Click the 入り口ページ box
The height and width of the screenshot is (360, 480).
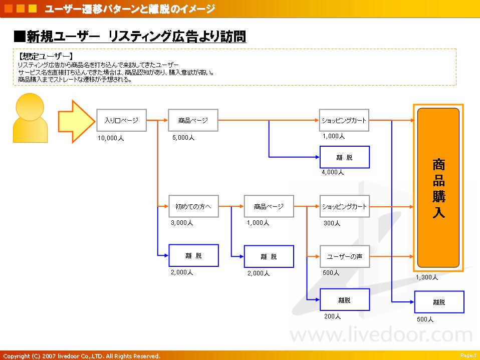click(x=122, y=120)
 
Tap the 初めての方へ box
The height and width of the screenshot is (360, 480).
click(x=193, y=206)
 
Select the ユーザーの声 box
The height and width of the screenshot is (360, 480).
click(x=345, y=256)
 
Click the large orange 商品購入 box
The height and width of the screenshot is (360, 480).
click(x=438, y=187)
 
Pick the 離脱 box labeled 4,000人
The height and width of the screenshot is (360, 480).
click(x=345, y=157)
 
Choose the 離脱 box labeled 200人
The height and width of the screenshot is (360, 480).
click(x=345, y=300)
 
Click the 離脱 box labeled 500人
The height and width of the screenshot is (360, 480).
click(x=439, y=302)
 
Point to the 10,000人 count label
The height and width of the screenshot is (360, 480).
click(x=111, y=138)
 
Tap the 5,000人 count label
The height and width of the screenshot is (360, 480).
click(x=183, y=138)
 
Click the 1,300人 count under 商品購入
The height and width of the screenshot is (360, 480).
click(x=427, y=277)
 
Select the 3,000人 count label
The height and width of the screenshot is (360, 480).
click(x=182, y=223)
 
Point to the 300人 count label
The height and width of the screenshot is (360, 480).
click(x=332, y=223)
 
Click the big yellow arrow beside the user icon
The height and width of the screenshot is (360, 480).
click(x=77, y=122)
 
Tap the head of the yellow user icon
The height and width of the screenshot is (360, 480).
click(x=30, y=107)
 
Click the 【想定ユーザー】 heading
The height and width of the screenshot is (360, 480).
click(x=46, y=56)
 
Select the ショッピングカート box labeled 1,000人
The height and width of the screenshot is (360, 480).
click(x=344, y=120)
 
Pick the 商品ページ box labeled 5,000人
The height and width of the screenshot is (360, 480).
click(x=193, y=120)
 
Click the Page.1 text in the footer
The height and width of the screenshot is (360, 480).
click(x=468, y=355)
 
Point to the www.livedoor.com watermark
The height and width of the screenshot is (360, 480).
click(x=381, y=334)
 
